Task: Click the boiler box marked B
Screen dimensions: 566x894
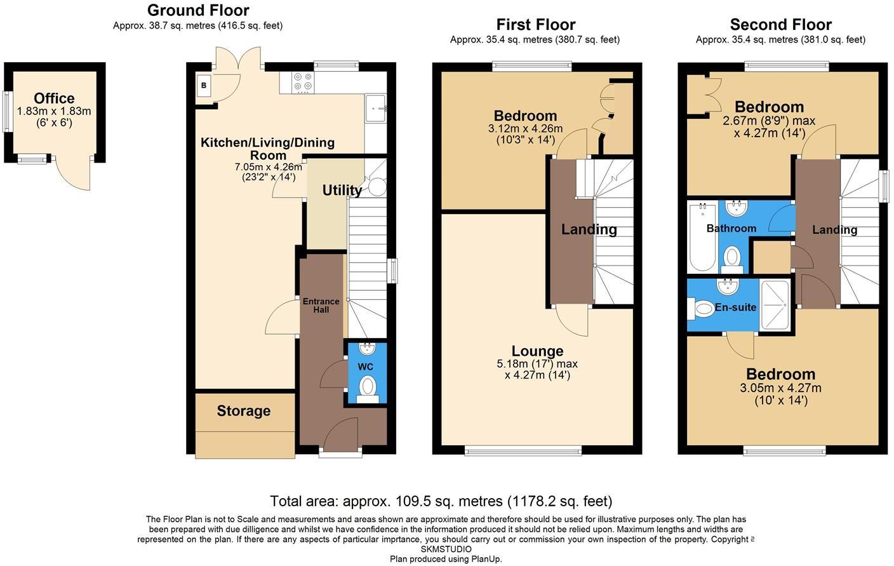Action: [204, 86]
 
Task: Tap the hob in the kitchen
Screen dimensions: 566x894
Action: [302, 82]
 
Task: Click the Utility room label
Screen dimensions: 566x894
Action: [342, 190]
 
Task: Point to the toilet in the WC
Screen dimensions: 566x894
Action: [367, 386]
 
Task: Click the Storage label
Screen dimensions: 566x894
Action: [243, 411]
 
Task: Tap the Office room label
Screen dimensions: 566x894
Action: [54, 98]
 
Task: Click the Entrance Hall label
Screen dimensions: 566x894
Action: [321, 306]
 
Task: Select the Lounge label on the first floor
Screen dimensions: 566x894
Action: [537, 351]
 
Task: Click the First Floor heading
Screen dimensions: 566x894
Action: [535, 25]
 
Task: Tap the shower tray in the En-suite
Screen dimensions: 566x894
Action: [775, 305]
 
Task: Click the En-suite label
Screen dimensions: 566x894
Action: [735, 307]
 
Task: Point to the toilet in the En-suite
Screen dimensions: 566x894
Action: [702, 309]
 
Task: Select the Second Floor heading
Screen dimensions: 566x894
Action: [780, 25]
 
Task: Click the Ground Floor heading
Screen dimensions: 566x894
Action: [198, 10]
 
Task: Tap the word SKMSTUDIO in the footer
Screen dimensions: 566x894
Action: [446, 549]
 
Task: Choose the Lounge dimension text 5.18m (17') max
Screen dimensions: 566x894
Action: [537, 364]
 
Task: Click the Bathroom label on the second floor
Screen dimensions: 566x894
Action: [731, 228]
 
